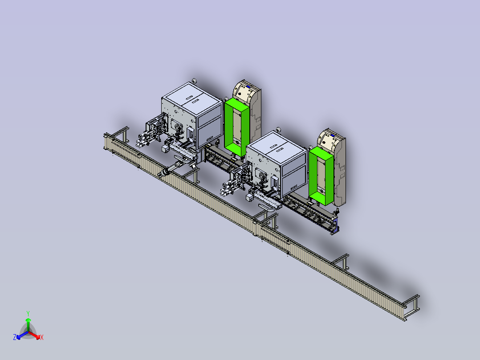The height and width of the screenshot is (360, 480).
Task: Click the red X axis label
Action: tap(42, 337)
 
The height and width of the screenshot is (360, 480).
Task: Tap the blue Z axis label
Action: tap(14, 337)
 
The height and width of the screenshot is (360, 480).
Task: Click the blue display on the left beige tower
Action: tap(249, 87)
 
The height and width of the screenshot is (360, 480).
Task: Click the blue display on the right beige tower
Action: tap(333, 135)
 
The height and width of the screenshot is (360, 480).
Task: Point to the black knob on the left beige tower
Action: tap(240, 94)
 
